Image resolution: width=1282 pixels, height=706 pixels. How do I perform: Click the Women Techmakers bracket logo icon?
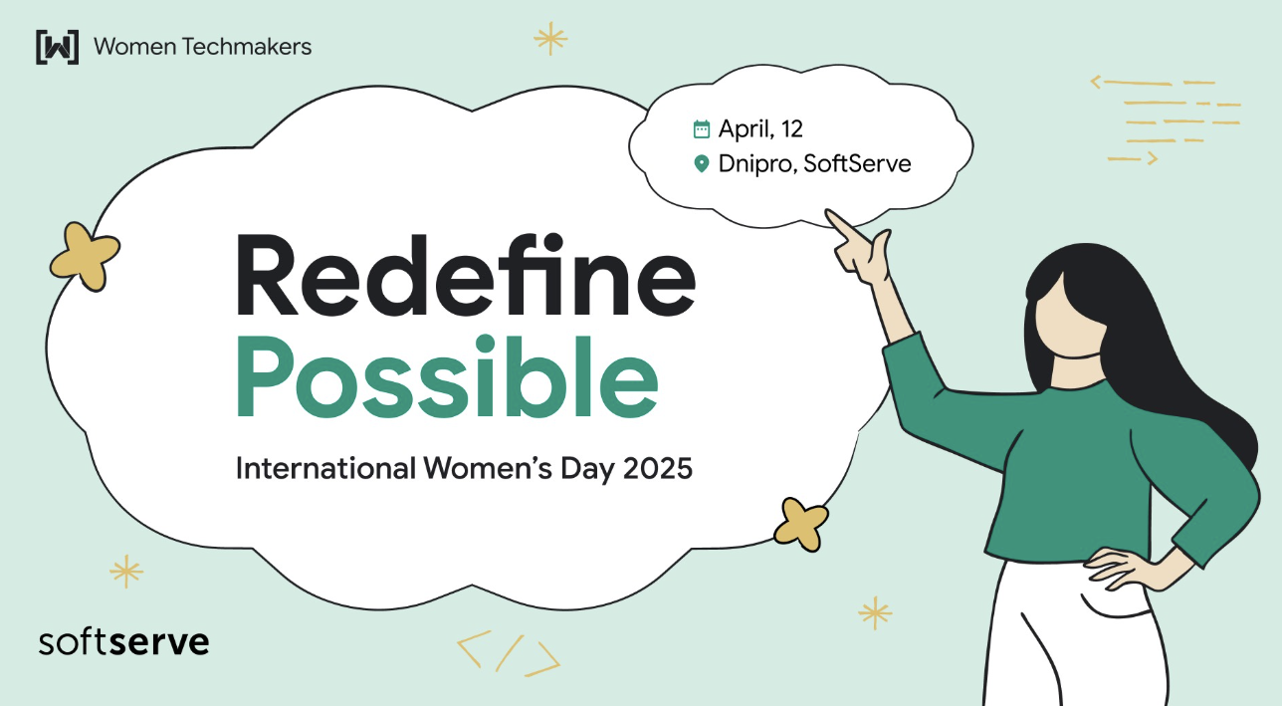click(58, 47)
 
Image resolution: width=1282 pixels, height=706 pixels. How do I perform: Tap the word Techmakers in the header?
click(247, 47)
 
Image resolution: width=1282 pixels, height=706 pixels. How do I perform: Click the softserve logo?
click(123, 642)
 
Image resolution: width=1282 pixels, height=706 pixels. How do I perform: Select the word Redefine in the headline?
click(466, 275)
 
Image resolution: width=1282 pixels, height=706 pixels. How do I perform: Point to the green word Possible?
click(447, 376)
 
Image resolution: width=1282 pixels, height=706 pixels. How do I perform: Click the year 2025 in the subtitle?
click(658, 468)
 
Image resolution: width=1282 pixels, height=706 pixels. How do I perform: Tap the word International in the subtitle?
click(325, 468)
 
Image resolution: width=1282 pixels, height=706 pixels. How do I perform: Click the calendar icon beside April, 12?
click(701, 128)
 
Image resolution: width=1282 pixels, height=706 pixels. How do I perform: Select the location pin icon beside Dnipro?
click(701, 163)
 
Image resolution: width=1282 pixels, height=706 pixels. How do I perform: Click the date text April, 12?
click(760, 128)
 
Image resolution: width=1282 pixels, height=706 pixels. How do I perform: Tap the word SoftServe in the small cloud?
click(857, 163)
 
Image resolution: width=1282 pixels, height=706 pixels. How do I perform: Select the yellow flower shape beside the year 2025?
click(800, 525)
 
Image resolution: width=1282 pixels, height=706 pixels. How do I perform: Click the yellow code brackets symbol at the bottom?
click(509, 653)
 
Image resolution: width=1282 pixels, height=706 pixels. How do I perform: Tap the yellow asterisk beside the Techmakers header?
click(550, 39)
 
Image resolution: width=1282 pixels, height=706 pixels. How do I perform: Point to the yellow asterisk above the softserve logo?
click(126, 571)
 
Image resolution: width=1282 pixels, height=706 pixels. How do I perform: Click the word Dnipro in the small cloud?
click(755, 164)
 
